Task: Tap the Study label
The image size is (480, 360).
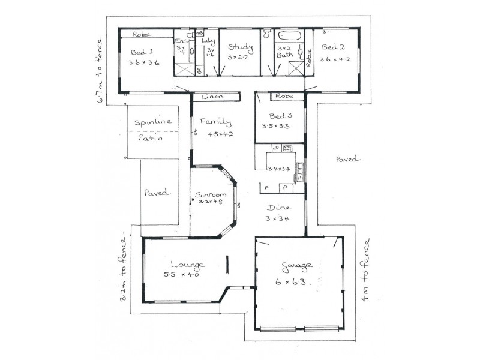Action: click(x=241, y=47)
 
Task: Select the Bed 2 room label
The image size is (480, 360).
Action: click(x=333, y=47)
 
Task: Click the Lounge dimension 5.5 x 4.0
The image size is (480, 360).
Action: click(x=181, y=275)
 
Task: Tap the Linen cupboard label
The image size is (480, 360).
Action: click(x=212, y=96)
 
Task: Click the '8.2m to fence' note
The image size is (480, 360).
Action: click(x=124, y=268)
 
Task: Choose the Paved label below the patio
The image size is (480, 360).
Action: click(x=158, y=193)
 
